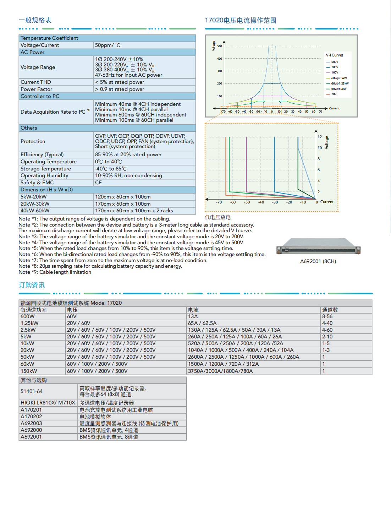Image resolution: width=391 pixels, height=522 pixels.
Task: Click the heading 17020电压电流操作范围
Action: point(240,20)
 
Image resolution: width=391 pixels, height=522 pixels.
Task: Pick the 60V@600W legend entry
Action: point(338,89)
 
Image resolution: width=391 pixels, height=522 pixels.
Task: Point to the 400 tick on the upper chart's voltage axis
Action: point(220,59)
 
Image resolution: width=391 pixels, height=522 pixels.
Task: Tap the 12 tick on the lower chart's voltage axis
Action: point(320,137)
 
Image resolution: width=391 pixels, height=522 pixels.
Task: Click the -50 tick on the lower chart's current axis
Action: point(247,202)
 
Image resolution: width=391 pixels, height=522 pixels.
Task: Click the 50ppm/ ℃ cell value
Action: point(108,45)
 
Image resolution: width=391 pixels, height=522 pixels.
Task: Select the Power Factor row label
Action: point(36,89)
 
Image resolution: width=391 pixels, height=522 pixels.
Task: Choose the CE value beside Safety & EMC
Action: point(98,183)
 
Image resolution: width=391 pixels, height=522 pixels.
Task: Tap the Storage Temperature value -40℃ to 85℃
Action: point(111,169)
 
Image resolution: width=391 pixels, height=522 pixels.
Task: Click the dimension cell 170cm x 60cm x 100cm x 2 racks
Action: point(134,211)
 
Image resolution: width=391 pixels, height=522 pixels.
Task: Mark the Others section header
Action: point(29,128)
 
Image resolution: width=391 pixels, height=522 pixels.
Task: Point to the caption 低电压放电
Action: point(217,217)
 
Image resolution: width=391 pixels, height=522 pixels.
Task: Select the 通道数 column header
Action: point(330,310)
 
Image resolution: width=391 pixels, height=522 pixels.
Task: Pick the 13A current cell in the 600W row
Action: point(193,316)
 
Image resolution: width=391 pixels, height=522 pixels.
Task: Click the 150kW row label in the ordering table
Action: point(29,371)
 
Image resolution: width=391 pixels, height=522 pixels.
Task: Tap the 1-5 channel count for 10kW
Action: point(326,343)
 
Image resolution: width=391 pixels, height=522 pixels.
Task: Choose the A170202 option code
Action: point(31,417)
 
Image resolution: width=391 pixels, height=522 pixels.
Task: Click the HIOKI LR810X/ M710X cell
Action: point(48,403)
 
